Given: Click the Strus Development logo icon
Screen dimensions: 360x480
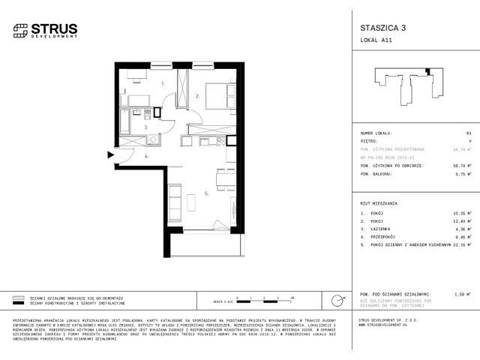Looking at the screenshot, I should [x=19, y=31].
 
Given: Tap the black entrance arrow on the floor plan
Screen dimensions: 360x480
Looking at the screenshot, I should [x=109, y=155].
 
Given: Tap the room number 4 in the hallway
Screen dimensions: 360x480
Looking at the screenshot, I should [x=146, y=156].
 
